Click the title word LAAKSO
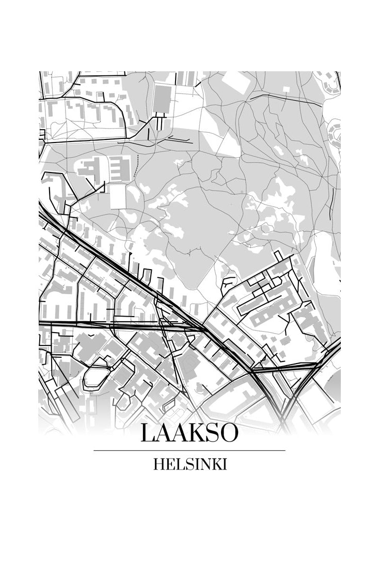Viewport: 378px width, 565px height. pos(189,433)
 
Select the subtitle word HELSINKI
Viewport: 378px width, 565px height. pos(190,464)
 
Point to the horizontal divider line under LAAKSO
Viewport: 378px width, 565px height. pos(189,450)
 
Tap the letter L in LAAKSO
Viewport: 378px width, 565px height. pos(148,433)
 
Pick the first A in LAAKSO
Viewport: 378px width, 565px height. pos(163,433)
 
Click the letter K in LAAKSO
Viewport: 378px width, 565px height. pos(197,433)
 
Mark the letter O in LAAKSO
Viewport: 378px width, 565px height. pos(229,433)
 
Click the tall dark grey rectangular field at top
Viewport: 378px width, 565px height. pos(162,99)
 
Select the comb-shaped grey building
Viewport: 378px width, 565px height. pos(118,169)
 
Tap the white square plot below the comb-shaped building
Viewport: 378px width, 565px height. pos(118,197)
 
